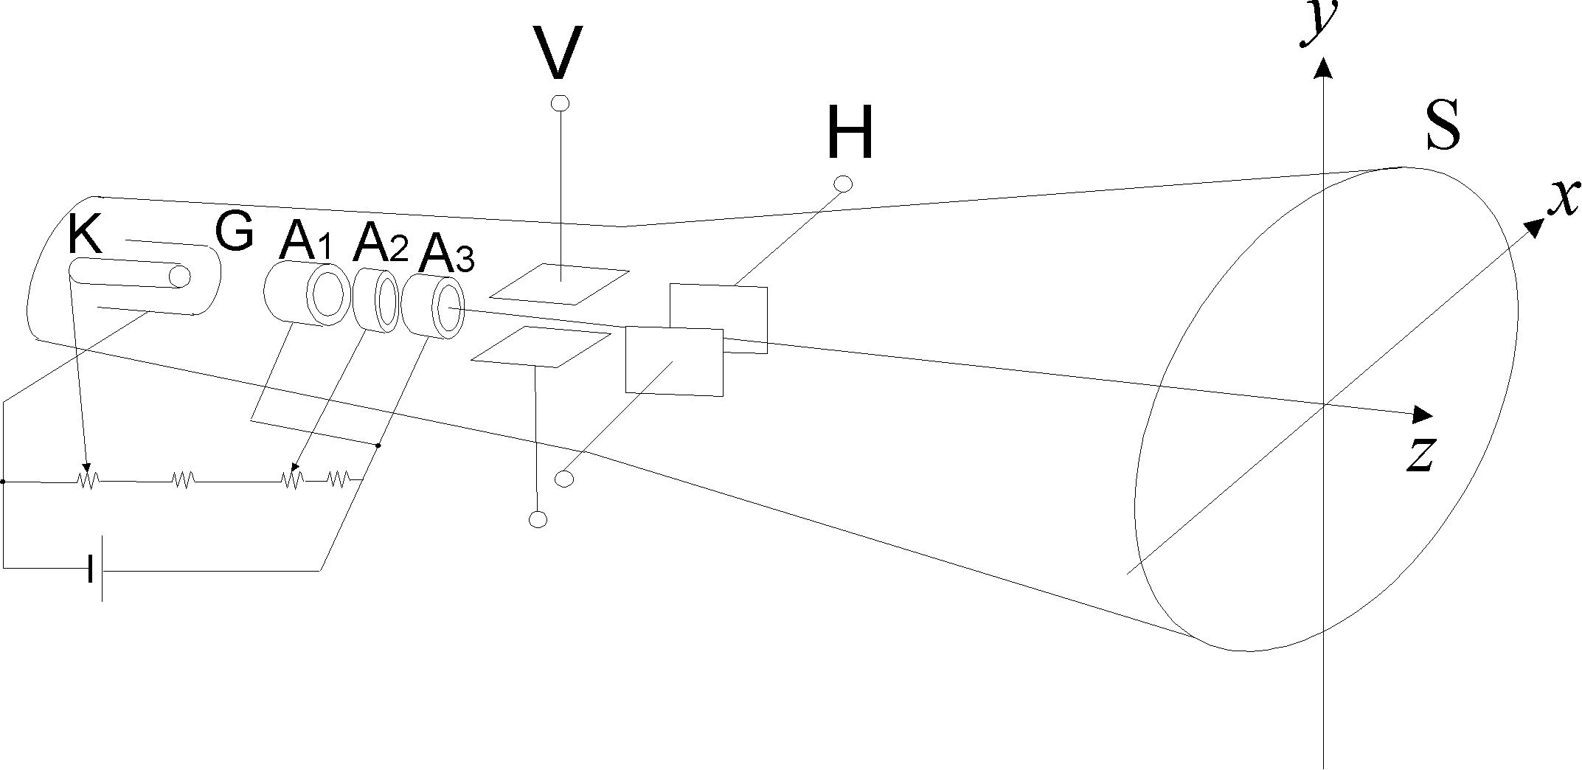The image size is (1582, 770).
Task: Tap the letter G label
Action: (x=235, y=232)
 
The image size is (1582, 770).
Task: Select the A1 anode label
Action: (x=305, y=243)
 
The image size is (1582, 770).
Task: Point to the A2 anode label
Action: (x=379, y=243)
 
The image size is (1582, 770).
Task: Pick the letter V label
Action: (x=558, y=53)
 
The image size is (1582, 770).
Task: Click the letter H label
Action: (x=850, y=133)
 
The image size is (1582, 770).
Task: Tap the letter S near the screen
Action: (x=1443, y=127)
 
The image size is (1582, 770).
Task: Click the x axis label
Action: (x=1564, y=197)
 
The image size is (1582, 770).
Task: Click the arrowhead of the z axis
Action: (x=1422, y=415)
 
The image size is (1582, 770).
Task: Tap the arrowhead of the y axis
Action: (x=1324, y=68)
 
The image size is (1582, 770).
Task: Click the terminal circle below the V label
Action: (x=561, y=103)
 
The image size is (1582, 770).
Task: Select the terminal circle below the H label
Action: (x=842, y=183)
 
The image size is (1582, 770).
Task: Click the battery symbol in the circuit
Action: (x=95, y=569)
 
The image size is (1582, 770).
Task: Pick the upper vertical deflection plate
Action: (x=560, y=283)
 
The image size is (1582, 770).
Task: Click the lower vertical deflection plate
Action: (x=541, y=347)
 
